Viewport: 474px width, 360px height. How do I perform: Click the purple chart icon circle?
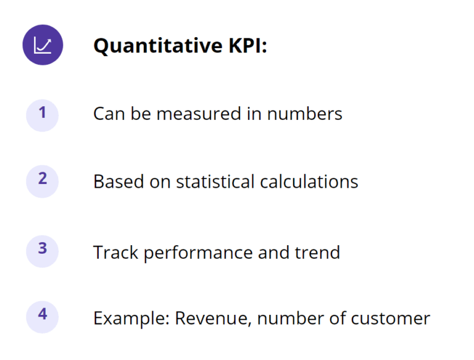click(43, 44)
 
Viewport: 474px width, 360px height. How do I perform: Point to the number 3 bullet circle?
click(42, 251)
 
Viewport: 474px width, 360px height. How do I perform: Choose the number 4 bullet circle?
click(42, 316)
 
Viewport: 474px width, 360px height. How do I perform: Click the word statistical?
click(215, 182)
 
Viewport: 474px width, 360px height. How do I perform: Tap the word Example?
click(131, 319)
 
